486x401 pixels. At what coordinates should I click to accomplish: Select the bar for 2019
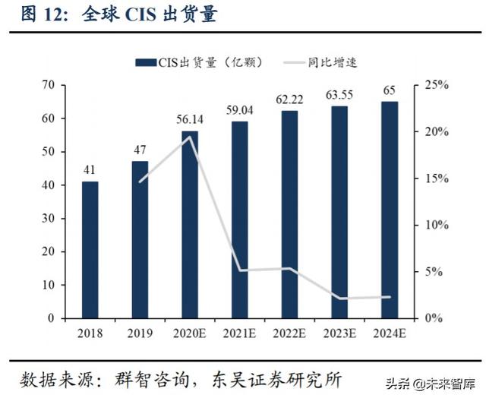pos(140,239)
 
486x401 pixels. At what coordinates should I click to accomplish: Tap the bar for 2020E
pos(190,224)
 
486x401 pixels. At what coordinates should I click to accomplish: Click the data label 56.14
pos(190,119)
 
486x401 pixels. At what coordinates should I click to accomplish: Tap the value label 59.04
pos(240,110)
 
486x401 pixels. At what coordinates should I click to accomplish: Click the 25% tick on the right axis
pos(436,85)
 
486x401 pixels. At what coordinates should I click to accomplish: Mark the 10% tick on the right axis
pos(436,225)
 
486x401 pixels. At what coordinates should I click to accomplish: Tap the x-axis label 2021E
pos(240,333)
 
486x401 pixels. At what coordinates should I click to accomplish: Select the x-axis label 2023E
pos(339,333)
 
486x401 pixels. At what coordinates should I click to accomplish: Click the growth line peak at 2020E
pos(190,137)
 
